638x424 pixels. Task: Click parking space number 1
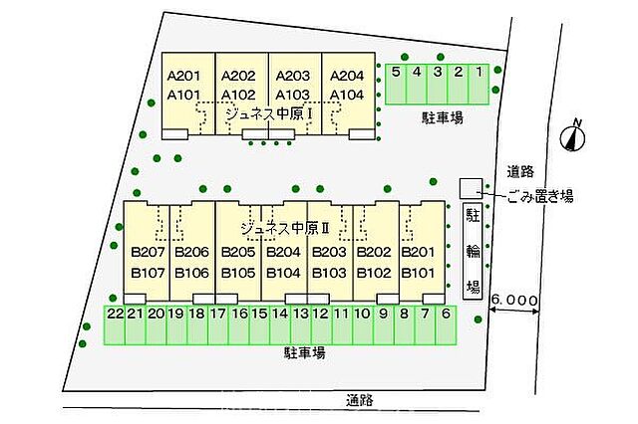(x=478, y=84)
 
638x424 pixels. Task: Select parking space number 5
(x=396, y=84)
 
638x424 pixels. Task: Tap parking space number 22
(x=115, y=325)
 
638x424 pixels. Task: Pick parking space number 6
(x=446, y=325)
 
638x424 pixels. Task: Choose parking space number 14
(x=280, y=325)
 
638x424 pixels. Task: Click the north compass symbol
(x=573, y=136)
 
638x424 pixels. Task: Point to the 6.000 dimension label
(x=514, y=301)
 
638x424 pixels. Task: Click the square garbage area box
(x=472, y=188)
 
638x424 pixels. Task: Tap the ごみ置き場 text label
(x=540, y=197)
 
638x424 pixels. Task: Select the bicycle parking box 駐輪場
(x=473, y=252)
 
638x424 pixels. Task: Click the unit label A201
(x=183, y=76)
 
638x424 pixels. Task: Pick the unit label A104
(x=347, y=95)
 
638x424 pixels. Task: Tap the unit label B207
(x=149, y=252)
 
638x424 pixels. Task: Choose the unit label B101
(x=419, y=273)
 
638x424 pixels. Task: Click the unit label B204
(x=283, y=252)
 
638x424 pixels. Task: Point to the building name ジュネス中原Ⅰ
(x=270, y=114)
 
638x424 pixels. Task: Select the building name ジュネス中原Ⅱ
(x=285, y=229)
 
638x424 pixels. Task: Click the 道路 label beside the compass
(x=520, y=172)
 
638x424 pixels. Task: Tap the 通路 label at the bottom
(x=360, y=400)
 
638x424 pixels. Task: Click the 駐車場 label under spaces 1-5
(x=443, y=117)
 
